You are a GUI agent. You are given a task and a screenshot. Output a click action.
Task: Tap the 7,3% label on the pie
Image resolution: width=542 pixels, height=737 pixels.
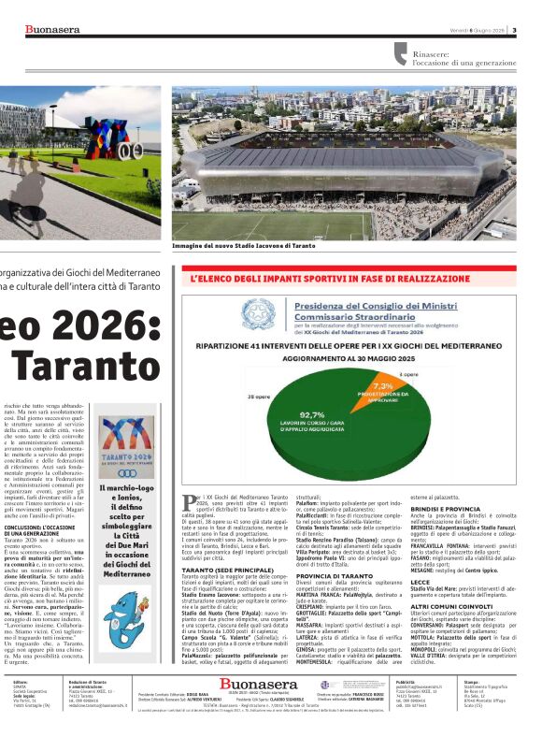click(382, 385)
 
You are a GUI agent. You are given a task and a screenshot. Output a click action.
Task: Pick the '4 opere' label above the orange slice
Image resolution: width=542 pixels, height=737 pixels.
click(408, 373)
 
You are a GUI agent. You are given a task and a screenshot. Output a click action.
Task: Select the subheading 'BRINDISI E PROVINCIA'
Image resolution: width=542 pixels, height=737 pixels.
click(440, 508)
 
